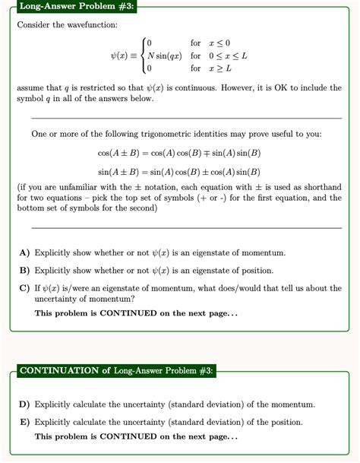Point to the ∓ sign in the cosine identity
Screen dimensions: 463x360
coord(214,154)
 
